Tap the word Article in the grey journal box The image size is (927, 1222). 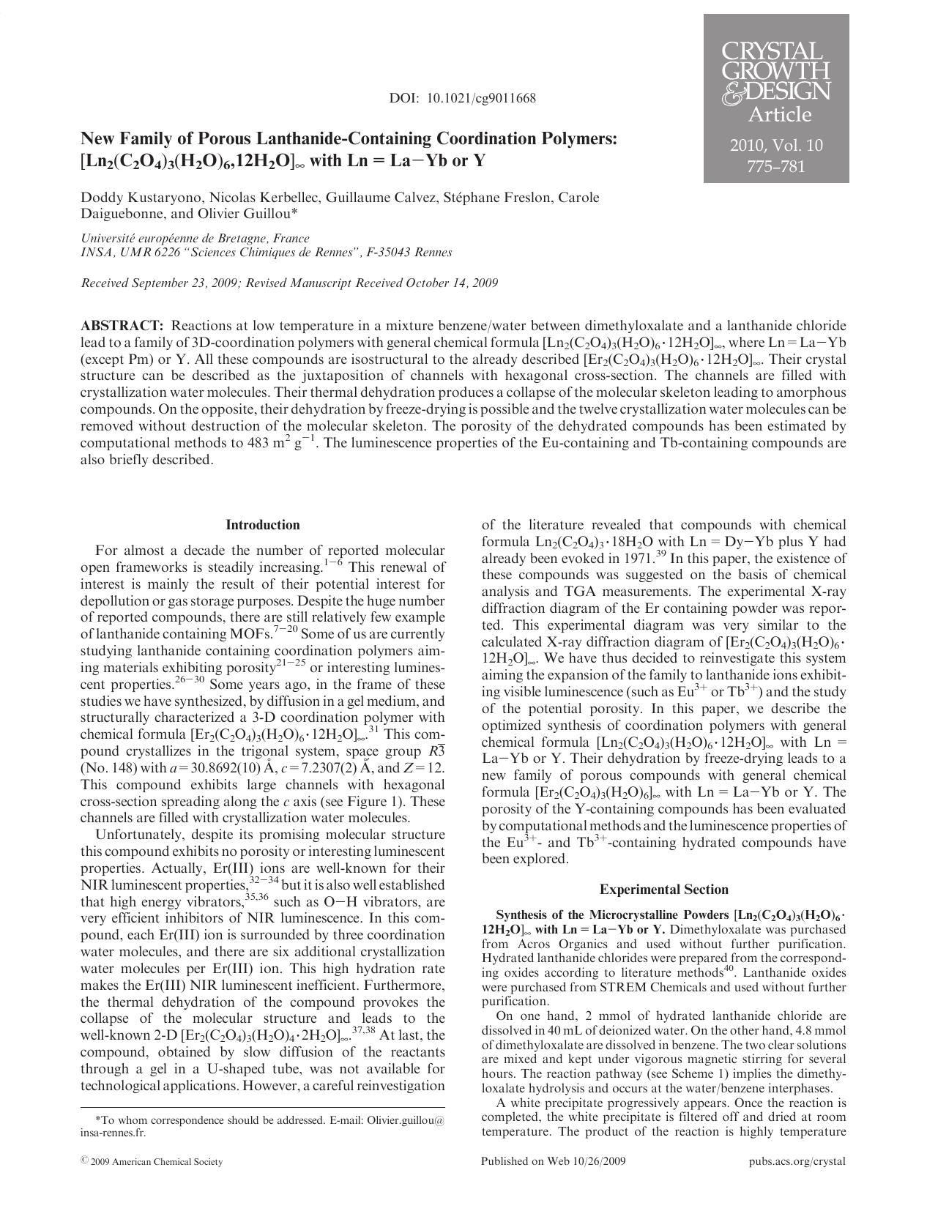coord(779,115)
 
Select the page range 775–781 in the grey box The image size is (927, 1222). coord(775,166)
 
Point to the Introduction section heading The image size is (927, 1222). coord(263,525)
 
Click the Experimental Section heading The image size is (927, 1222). coord(663,890)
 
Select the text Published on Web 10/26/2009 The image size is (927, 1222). coord(554,1161)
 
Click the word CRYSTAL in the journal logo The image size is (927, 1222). coord(772,53)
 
